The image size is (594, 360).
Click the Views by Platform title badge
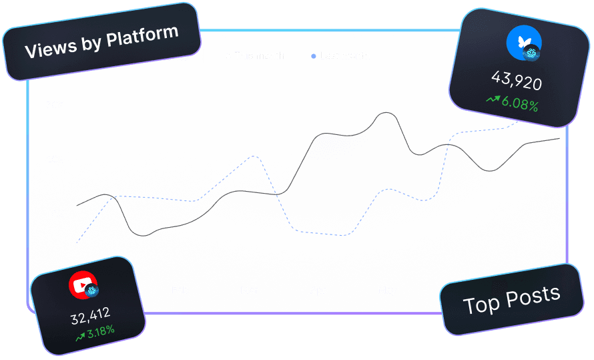coord(101,42)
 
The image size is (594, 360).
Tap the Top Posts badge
coord(511,299)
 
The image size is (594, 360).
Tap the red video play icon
coord(83,285)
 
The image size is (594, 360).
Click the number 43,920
coord(516,81)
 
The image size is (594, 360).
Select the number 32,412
coord(90,315)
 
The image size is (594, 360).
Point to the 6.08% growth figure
coord(520,105)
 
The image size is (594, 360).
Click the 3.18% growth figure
coord(100,331)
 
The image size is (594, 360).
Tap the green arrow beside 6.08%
coord(493,100)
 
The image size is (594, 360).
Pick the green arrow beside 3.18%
coord(79,337)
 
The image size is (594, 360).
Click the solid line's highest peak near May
coord(386,113)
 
